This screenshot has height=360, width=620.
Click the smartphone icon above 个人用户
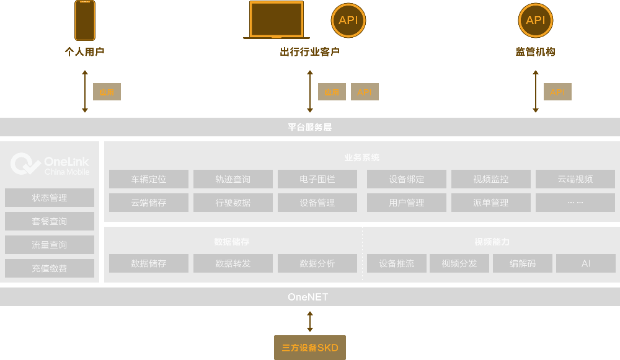coord(85,20)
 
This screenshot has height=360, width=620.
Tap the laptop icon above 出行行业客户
coord(276,20)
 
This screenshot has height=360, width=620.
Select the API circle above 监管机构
coord(535,20)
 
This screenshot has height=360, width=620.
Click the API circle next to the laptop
coord(348,20)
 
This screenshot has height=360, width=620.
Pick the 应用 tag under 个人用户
coord(107,92)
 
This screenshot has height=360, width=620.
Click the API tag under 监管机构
coord(557,92)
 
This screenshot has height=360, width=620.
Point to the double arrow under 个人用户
coord(85,91)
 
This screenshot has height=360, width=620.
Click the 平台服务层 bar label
coord(310,127)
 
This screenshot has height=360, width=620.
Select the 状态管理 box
coord(50,198)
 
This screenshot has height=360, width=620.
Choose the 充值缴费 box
coord(50,269)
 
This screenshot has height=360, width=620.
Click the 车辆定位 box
coord(149,180)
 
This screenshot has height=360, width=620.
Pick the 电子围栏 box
coord(317,180)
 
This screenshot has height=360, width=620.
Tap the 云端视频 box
coord(575,180)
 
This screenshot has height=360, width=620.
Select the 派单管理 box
coord(491,203)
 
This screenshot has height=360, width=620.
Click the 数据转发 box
coord(233,264)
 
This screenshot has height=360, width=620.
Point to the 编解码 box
coord(523,264)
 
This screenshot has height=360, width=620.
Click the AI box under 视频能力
coord(586,264)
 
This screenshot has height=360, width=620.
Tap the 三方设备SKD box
coord(310,348)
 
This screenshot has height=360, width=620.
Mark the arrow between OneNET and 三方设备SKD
coord(310,322)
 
